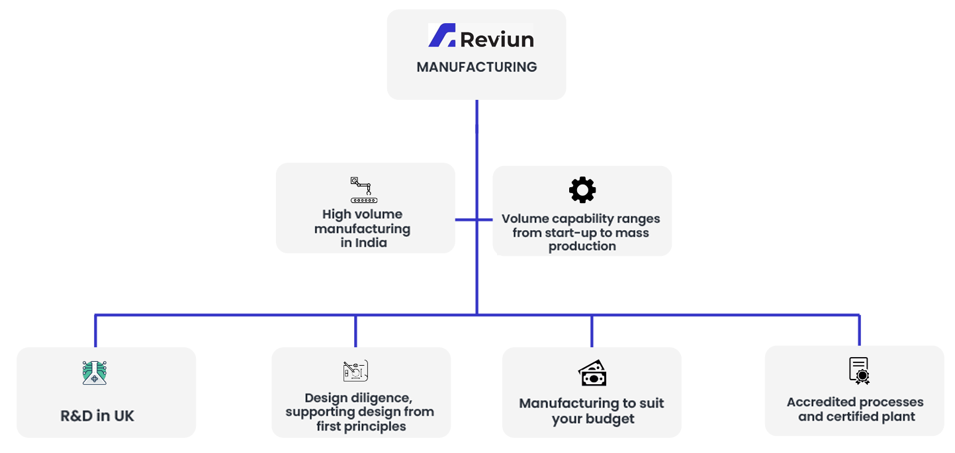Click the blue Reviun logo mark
point(441,35)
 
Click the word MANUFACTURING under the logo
point(477,67)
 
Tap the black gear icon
point(582,190)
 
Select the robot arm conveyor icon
point(363,190)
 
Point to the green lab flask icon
point(95,373)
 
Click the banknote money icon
point(592,373)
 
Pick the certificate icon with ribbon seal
point(859,371)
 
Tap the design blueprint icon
point(355,371)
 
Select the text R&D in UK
point(97,416)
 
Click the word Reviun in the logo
point(497,40)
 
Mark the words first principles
point(361,426)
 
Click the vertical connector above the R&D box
point(95,331)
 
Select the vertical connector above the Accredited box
point(860,330)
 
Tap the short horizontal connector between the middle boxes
point(474,220)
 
